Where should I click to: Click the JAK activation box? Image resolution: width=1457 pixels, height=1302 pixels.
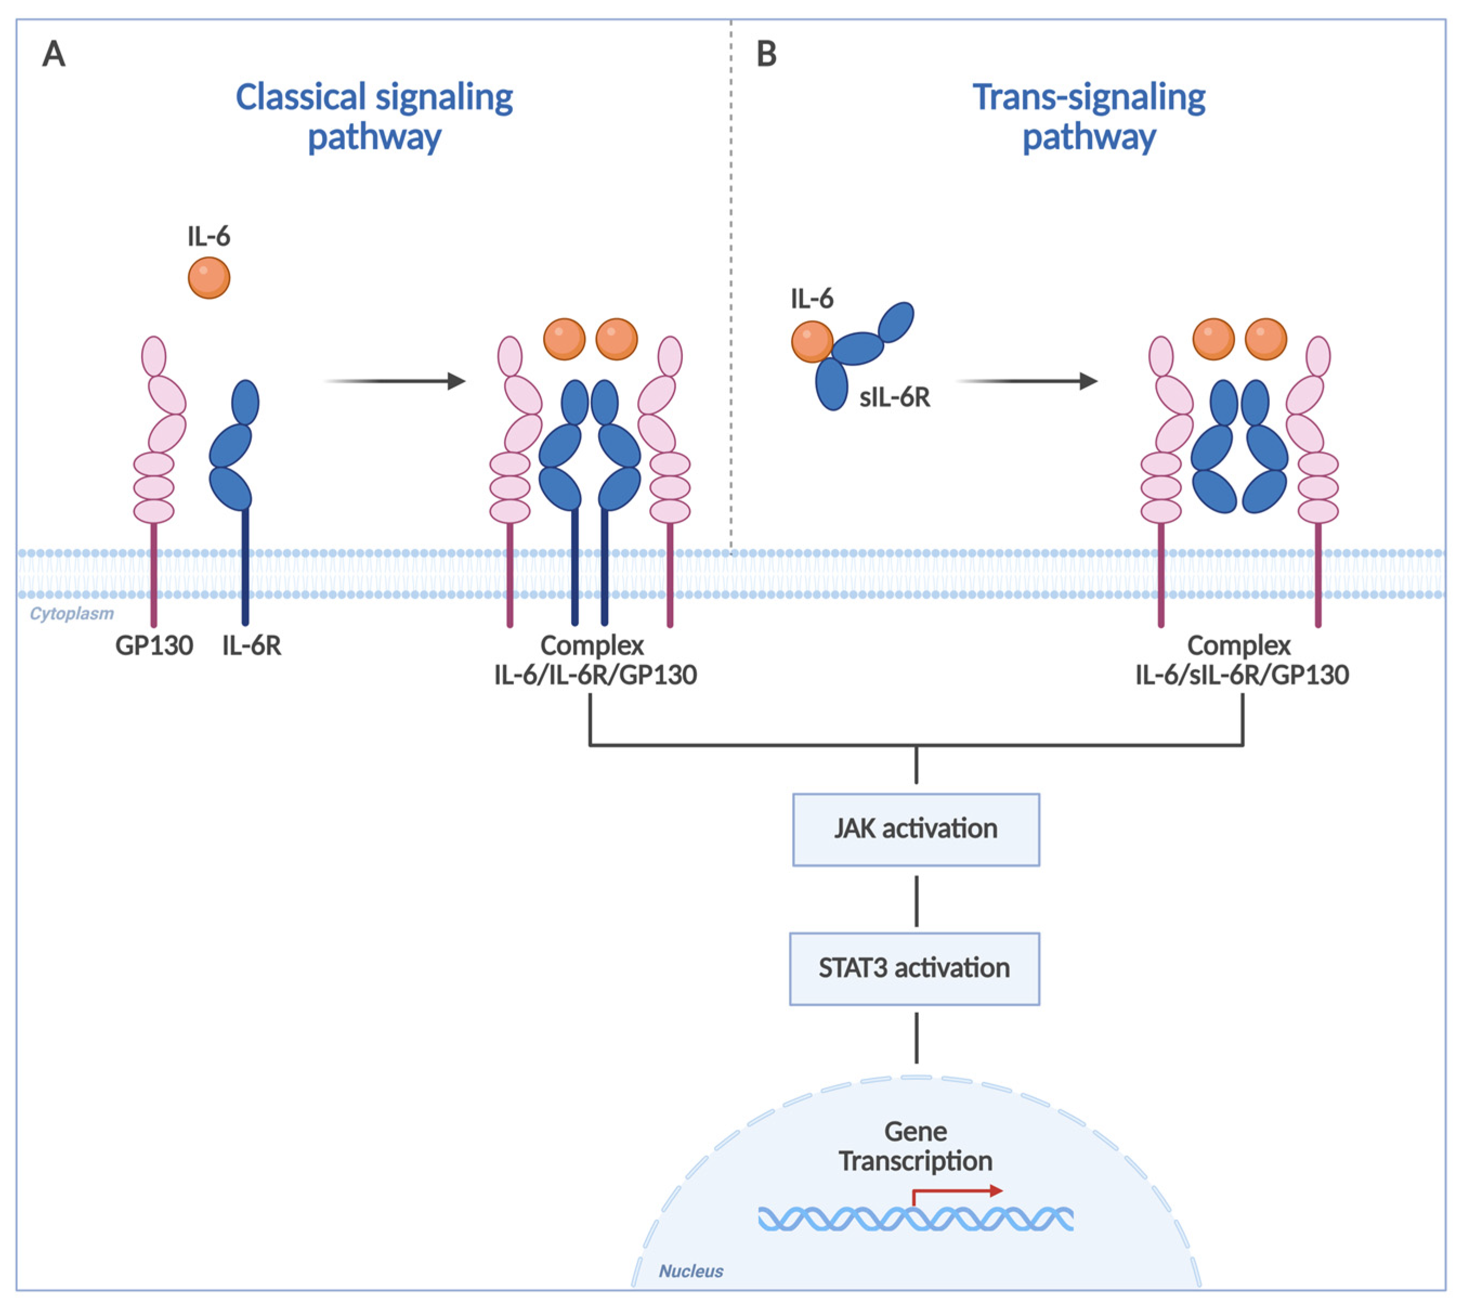point(916,829)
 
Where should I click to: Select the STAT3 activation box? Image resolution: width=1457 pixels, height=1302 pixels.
point(914,968)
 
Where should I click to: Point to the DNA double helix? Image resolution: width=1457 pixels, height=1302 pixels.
point(916,1219)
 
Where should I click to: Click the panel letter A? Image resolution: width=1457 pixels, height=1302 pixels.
point(54,54)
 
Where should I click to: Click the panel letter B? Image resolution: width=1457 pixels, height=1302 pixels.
point(766,54)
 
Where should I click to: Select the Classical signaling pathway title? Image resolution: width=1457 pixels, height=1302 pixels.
point(374,116)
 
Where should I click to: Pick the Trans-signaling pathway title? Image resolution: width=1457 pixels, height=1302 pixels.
point(1089,116)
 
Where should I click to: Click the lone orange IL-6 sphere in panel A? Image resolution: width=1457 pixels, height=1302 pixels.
point(209,278)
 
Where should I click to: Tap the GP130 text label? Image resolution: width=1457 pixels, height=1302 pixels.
point(154,646)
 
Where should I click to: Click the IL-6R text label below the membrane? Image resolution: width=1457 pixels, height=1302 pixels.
point(252,646)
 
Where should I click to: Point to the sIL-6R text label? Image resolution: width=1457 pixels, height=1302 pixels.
point(894,397)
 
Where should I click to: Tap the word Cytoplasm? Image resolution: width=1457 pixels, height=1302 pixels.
point(71,614)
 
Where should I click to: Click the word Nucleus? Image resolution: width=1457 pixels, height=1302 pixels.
point(691,1271)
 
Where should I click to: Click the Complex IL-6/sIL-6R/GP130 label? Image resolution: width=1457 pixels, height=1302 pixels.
point(1242,660)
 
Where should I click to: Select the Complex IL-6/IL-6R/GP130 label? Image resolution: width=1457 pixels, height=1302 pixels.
point(595,660)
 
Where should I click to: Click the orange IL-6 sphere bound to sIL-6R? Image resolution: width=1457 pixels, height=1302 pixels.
point(812,342)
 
